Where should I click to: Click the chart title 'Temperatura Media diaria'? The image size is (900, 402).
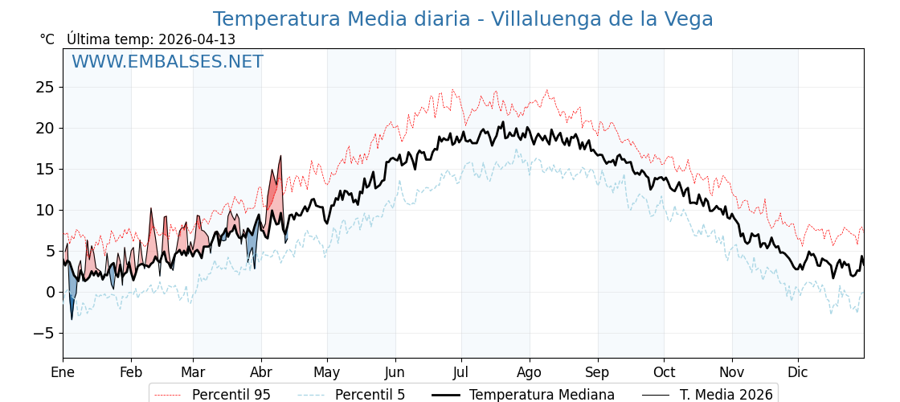pyautogui.click(x=463, y=19)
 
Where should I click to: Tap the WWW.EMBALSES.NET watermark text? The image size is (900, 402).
pyautogui.click(x=167, y=62)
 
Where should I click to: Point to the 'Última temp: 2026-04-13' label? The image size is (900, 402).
pyautogui.click(x=151, y=39)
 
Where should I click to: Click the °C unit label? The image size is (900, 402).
pyautogui.click(x=47, y=39)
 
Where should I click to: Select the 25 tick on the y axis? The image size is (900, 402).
pyautogui.click(x=45, y=87)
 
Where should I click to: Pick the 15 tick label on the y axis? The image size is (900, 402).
pyautogui.click(x=45, y=169)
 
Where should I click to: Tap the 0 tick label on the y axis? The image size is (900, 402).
pyautogui.click(x=50, y=292)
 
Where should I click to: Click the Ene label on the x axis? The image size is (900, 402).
pyautogui.click(x=63, y=372)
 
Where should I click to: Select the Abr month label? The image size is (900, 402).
pyautogui.click(x=261, y=372)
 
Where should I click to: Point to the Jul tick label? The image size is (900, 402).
pyautogui.click(x=461, y=372)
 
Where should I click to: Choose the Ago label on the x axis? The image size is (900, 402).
pyautogui.click(x=530, y=372)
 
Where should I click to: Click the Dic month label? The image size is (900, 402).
pyautogui.click(x=798, y=372)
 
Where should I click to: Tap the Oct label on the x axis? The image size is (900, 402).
pyautogui.click(x=664, y=372)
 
